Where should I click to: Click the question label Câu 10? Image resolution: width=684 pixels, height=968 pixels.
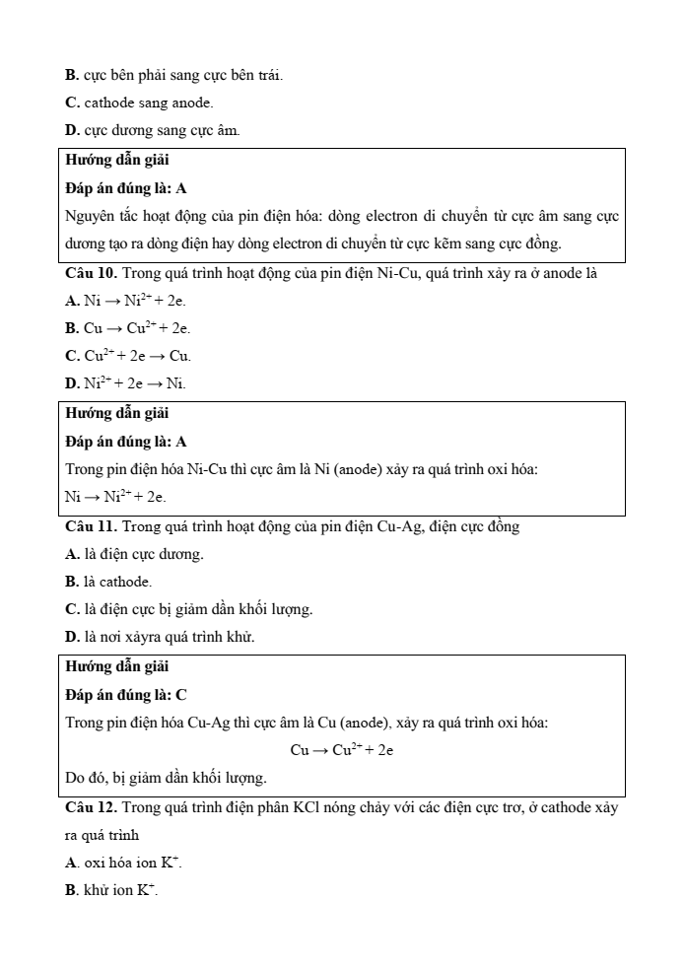pyautogui.click(x=92, y=271)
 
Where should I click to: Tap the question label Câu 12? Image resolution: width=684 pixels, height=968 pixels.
pyautogui.click(x=92, y=808)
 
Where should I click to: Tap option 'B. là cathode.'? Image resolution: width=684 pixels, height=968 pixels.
pyautogui.click(x=108, y=582)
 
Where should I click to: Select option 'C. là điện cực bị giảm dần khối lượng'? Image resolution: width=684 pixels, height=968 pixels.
pyautogui.click(x=189, y=609)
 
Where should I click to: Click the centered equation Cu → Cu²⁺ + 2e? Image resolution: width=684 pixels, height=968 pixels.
pyautogui.click(x=342, y=750)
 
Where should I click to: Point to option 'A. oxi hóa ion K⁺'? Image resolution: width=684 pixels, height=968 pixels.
pyautogui.click(x=124, y=864)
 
